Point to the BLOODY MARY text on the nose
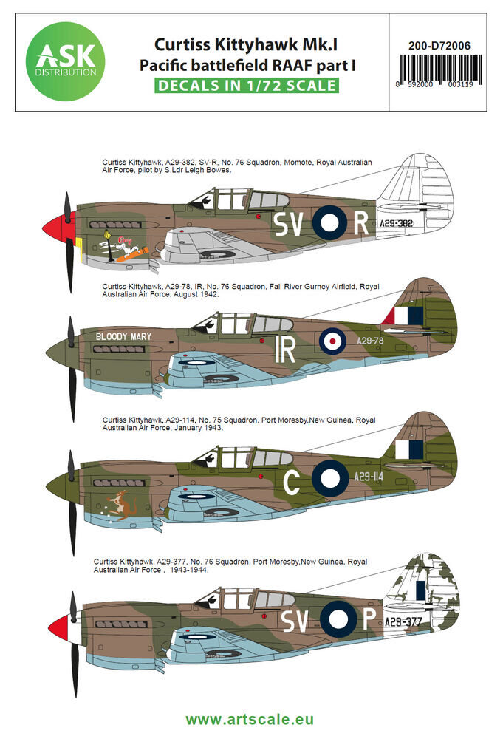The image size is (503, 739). (123, 336)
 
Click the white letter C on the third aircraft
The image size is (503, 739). (292, 483)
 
